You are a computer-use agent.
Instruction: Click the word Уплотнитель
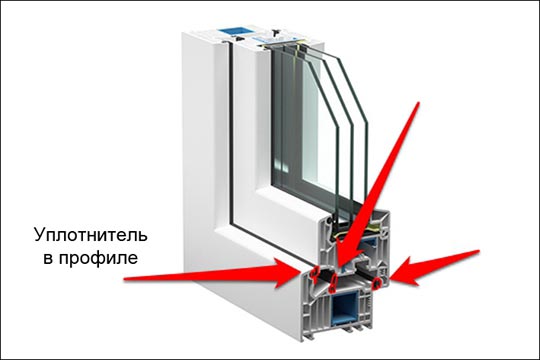click(91, 236)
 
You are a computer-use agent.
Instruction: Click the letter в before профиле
click(48, 259)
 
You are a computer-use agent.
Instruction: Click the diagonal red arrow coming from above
click(379, 184)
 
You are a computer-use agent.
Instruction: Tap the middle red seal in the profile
click(334, 282)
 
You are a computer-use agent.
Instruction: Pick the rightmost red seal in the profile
click(377, 283)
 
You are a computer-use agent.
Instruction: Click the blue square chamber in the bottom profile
click(345, 308)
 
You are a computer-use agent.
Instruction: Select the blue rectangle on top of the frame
click(233, 30)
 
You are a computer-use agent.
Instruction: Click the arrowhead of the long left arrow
click(289, 273)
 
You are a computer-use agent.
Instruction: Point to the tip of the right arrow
click(391, 276)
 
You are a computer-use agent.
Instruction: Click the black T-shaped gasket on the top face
click(276, 33)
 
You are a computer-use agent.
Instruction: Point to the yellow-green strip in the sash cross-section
click(374, 228)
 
